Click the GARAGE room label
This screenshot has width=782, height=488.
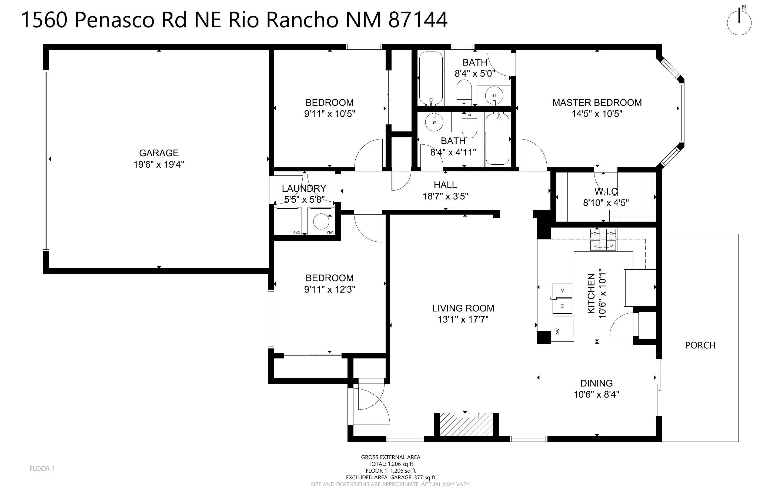159,153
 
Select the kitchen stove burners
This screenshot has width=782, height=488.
603,239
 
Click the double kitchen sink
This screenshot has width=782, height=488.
562,298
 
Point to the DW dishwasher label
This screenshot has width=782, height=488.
557,331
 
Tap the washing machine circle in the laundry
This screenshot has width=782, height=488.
321,222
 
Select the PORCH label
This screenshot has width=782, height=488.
700,345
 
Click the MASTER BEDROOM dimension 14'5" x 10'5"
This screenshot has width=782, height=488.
597,114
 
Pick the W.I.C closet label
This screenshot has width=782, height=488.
606,191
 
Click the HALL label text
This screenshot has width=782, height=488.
445,185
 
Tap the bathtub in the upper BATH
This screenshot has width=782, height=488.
430,78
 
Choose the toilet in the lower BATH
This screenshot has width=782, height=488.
469,125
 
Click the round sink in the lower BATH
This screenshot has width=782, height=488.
435,122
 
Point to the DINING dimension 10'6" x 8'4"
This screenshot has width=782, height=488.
597,394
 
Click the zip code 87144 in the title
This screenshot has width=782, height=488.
418,20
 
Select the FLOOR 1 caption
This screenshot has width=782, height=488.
42,469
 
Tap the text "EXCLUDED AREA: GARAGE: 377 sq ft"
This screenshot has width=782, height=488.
390,477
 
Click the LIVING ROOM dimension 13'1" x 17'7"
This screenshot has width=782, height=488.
463,320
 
